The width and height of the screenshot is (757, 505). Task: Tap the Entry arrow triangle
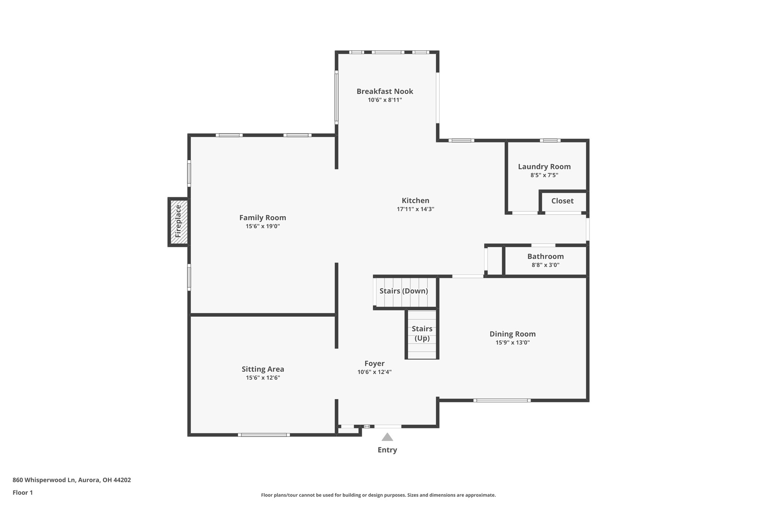[387, 437]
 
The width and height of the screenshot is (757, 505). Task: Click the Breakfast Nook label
[384, 91]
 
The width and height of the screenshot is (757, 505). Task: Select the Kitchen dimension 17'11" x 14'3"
[415, 209]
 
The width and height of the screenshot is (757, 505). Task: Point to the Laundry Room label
[544, 166]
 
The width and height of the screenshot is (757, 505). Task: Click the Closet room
[563, 201]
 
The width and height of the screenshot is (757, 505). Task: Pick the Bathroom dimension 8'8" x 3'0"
[545, 265]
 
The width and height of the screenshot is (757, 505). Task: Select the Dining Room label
[512, 334]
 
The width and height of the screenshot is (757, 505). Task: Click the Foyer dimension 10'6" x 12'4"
[374, 372]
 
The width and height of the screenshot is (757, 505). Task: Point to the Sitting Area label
[263, 369]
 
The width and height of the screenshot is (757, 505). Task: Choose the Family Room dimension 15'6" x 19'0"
[262, 226]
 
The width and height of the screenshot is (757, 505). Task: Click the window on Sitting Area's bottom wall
[264, 435]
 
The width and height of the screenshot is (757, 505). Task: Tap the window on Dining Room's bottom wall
[502, 400]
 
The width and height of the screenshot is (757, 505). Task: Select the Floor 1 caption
[23, 492]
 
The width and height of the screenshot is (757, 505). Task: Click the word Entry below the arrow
[387, 450]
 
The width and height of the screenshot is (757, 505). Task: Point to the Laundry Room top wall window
[550, 140]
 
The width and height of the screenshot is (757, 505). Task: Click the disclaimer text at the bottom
[378, 495]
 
